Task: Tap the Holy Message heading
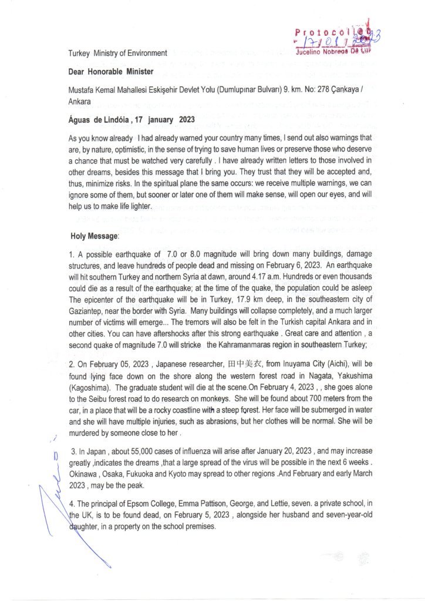(94, 236)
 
